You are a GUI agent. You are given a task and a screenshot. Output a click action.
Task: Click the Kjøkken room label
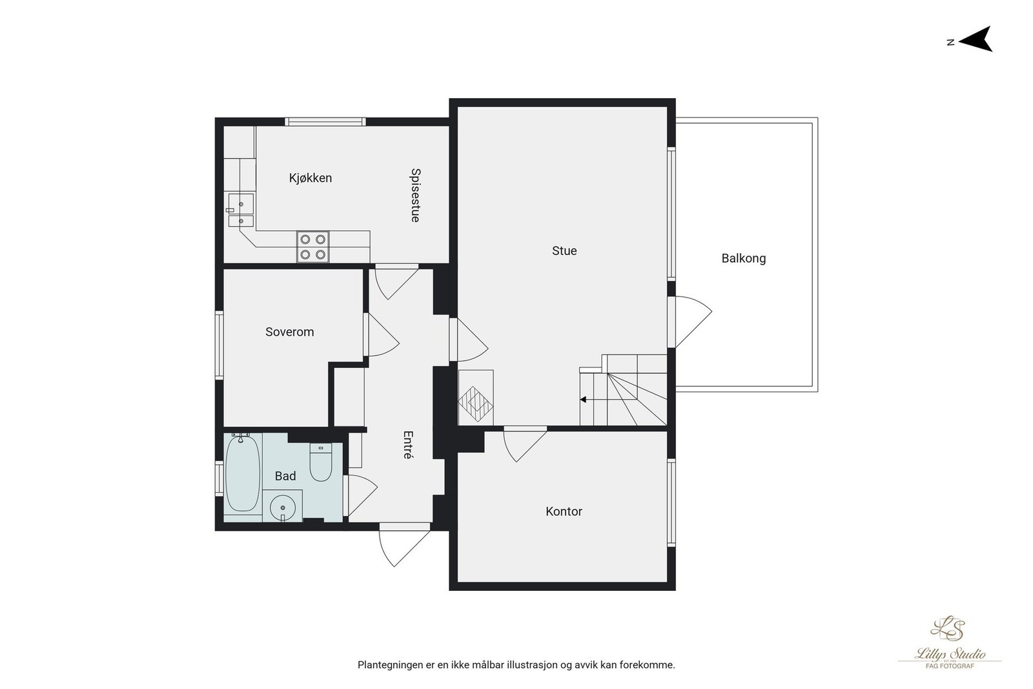point(310,178)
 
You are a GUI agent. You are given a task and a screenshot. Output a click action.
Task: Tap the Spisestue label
point(415,195)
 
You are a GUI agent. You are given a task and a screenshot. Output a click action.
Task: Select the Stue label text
point(564,251)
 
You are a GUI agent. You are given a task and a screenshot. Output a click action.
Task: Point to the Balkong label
point(743,258)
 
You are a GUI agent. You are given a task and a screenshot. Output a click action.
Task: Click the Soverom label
point(289,332)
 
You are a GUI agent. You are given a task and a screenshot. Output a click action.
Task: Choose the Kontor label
point(564,511)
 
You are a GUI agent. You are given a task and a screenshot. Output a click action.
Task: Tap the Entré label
point(407,445)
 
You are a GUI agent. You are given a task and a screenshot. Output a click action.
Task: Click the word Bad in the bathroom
point(285,476)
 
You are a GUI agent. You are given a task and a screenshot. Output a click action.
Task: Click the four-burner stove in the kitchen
point(312,247)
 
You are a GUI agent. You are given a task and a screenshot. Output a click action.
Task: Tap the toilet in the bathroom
point(320,463)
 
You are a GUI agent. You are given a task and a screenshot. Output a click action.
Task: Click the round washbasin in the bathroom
point(283,507)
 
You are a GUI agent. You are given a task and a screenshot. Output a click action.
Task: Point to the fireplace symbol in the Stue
point(476,398)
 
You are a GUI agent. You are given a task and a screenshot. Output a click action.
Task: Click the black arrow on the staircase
point(583,400)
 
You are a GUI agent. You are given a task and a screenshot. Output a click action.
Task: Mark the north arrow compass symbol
point(976,39)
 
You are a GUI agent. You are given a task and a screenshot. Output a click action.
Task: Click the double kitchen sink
point(240,211)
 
